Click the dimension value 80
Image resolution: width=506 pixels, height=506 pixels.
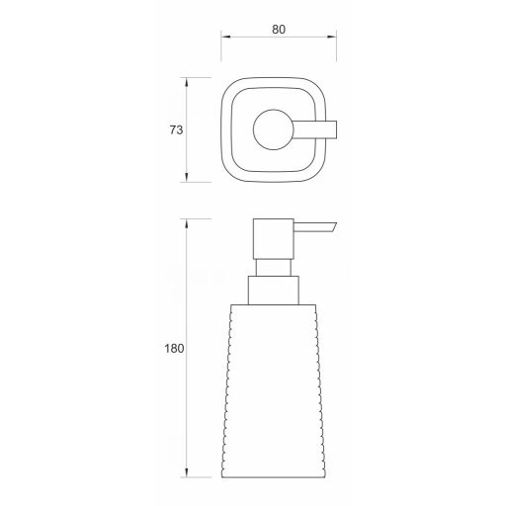tap(279, 30)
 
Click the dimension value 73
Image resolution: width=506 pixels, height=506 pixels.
tap(176, 130)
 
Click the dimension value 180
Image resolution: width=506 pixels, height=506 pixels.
tap(174, 348)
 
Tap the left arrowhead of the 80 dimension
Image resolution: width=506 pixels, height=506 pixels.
tap(225, 37)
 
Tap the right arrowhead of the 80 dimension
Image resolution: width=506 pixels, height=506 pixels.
tap(332, 37)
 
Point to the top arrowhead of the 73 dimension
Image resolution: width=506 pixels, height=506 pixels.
tap(187, 82)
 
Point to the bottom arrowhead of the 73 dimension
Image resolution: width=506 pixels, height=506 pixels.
tap(187, 178)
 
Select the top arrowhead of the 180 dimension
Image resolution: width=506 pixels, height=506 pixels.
tap(187, 223)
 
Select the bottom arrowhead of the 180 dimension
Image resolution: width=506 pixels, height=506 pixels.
tap(187, 472)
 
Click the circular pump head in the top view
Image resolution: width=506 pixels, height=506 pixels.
tap(273, 129)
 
